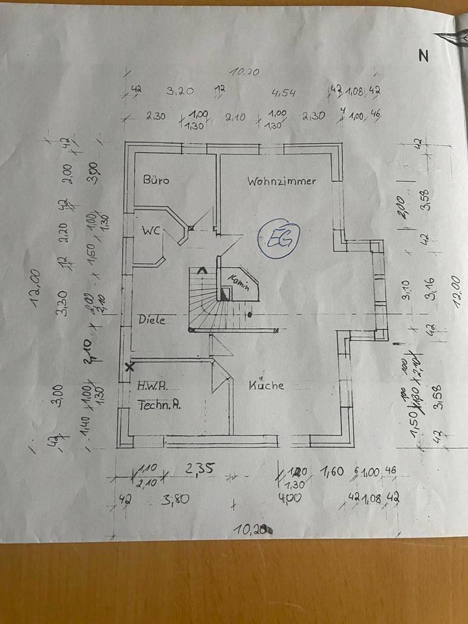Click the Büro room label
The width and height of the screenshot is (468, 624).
[156, 180]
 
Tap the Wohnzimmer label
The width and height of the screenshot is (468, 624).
[281, 181]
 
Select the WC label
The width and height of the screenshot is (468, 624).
[152, 230]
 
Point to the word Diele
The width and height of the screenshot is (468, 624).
[151, 319]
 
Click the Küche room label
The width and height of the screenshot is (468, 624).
[266, 384]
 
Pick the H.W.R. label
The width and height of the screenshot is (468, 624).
[152, 385]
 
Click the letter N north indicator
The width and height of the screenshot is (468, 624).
[424, 56]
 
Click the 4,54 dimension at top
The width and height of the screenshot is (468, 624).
[283, 94]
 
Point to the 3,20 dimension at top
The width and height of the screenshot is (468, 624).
[181, 91]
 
